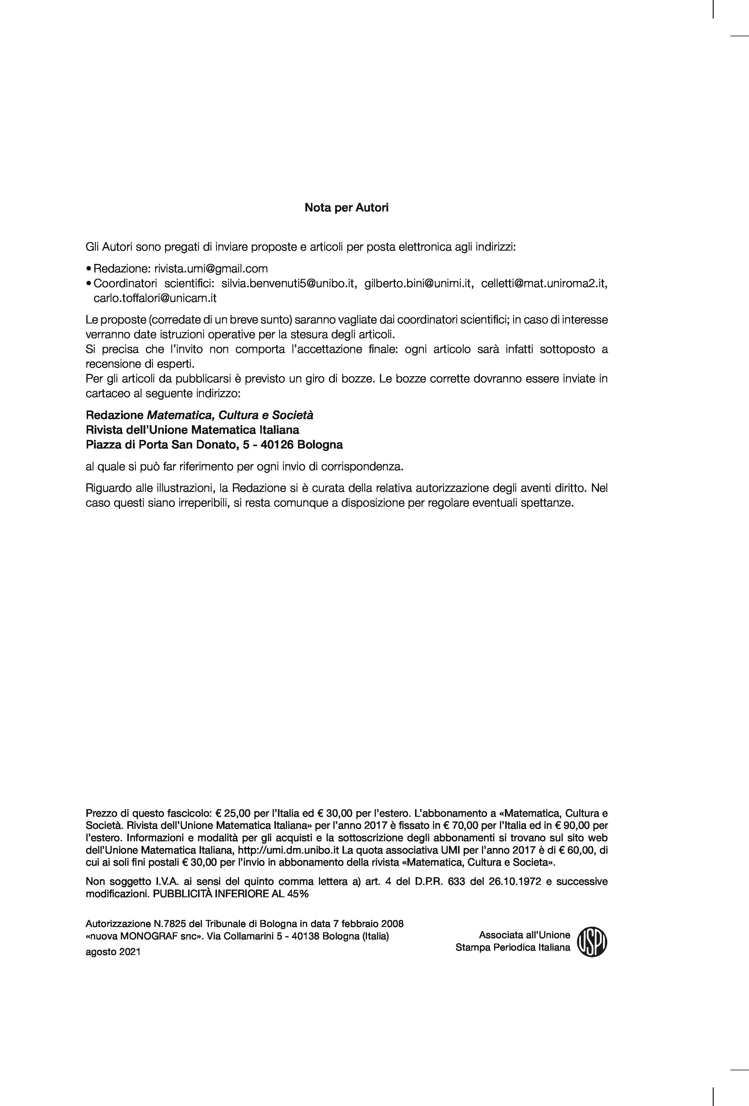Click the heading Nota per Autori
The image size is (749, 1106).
346,208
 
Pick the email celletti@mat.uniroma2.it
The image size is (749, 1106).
544,284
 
